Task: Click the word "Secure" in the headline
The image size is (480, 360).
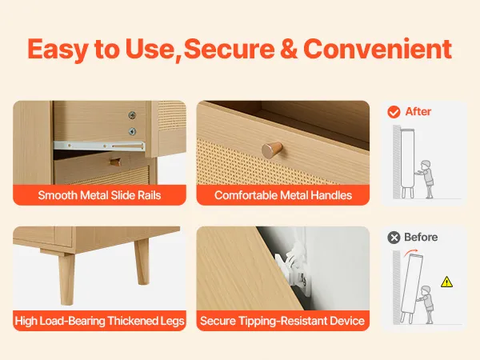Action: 229,49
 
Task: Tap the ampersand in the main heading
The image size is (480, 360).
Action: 289,49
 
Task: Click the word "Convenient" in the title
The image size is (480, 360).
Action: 378,49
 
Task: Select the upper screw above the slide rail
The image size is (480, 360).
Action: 132,115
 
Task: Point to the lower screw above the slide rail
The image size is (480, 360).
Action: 132,131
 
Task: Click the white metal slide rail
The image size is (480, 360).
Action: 99,146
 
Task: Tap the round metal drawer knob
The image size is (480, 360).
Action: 272,150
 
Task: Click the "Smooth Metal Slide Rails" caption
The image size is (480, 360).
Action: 99,195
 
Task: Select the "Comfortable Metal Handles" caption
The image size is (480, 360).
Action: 283,195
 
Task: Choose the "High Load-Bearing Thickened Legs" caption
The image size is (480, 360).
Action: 99,321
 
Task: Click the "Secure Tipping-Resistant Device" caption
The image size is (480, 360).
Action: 282,321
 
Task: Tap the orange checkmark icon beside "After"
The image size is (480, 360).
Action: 394,112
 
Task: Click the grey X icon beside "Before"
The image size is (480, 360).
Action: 394,238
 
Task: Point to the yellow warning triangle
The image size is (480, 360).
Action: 446,282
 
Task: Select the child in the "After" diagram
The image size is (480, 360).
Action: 426,179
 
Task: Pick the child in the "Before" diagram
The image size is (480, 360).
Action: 426,305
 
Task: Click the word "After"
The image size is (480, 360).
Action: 418,111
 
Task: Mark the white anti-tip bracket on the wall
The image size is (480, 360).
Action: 294,270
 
